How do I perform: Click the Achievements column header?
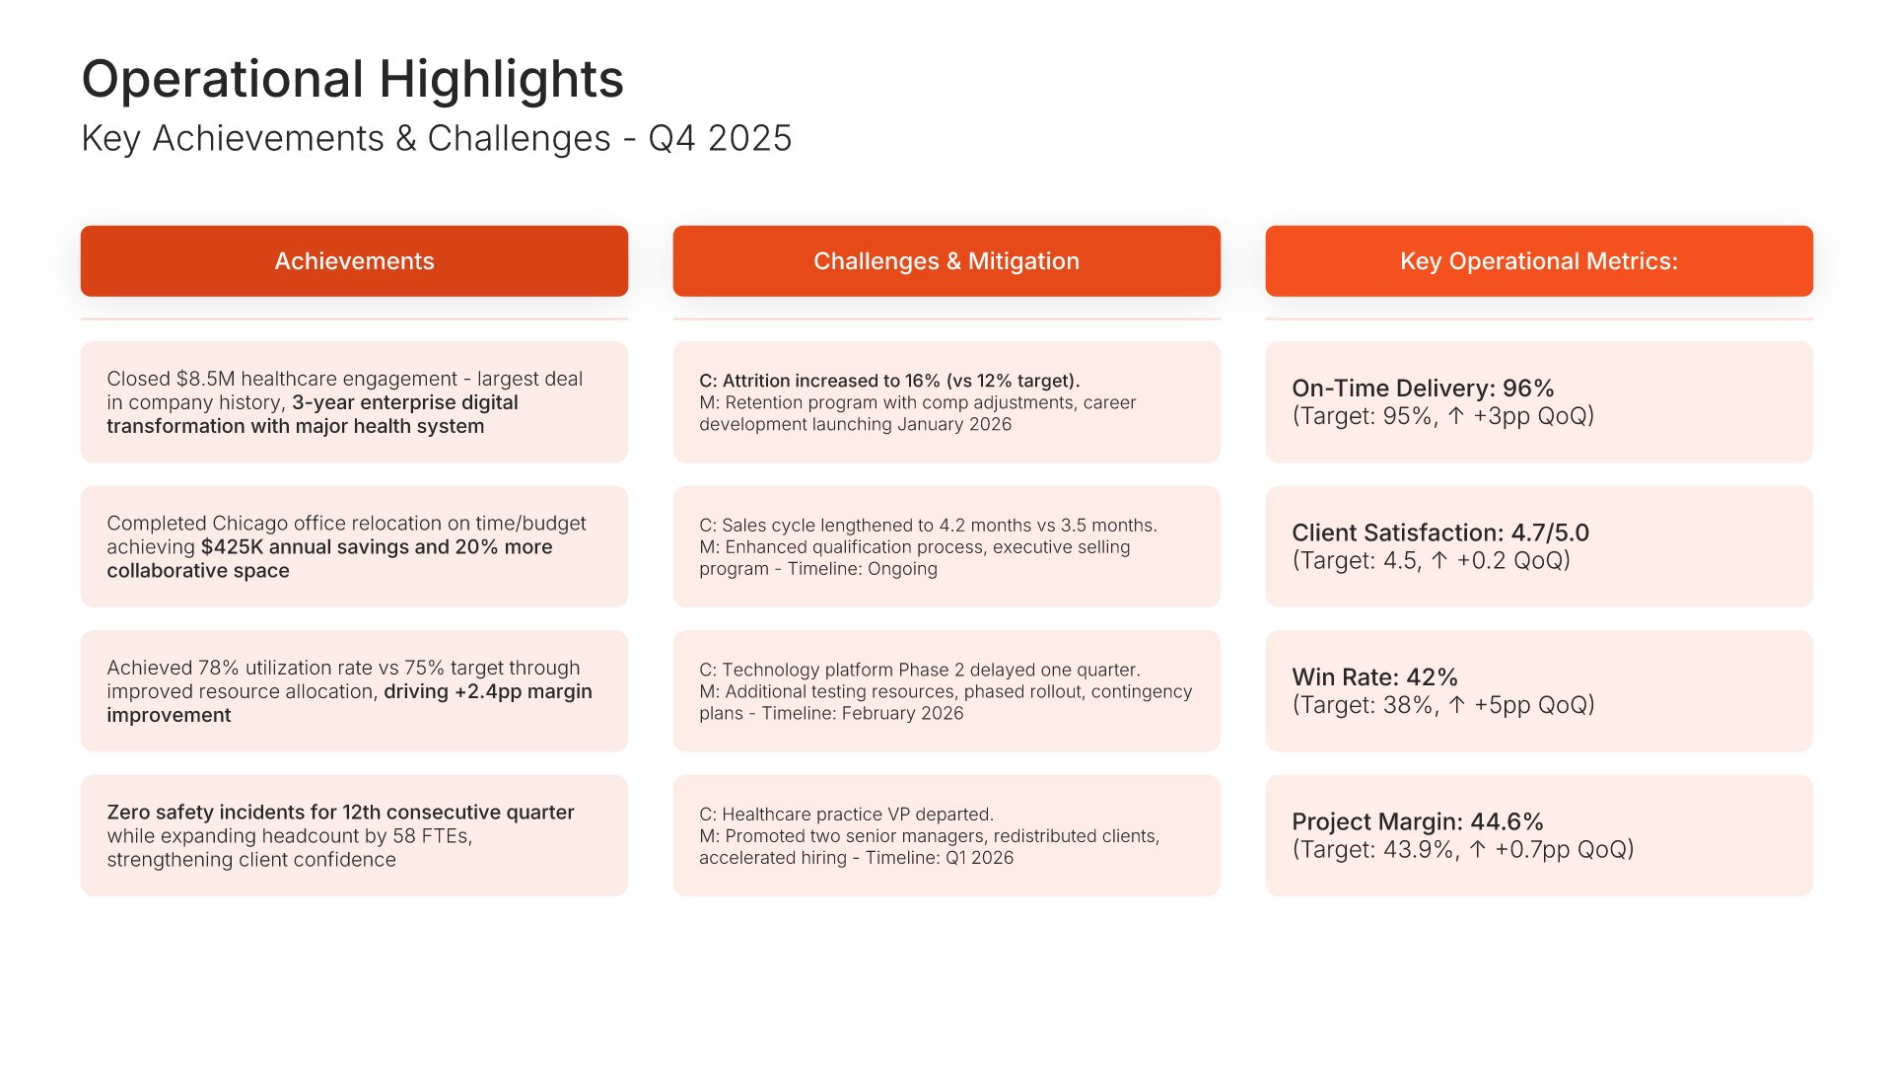(x=354, y=261)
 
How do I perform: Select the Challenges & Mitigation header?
(x=946, y=261)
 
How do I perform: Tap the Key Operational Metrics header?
(x=1539, y=261)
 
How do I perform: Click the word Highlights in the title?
(x=502, y=80)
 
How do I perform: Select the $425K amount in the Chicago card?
(x=232, y=547)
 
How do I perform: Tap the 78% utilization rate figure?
(x=218, y=668)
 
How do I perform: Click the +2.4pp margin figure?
(x=488, y=692)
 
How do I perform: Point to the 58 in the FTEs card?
(x=404, y=836)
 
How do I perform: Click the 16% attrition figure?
(x=923, y=381)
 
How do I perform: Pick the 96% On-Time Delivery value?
(x=1528, y=389)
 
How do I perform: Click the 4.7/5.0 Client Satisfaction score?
(x=1550, y=533)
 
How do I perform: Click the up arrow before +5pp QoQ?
(x=1457, y=705)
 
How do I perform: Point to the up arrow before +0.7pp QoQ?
(x=1477, y=850)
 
